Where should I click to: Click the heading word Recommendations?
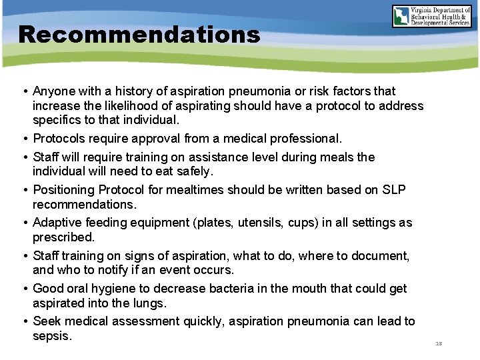tap(139, 34)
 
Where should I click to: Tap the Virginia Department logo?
tap(431, 15)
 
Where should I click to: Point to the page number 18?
tap(438, 343)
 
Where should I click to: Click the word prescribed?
tap(64, 237)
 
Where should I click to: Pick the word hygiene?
tap(124, 289)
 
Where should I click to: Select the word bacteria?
tap(224, 289)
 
